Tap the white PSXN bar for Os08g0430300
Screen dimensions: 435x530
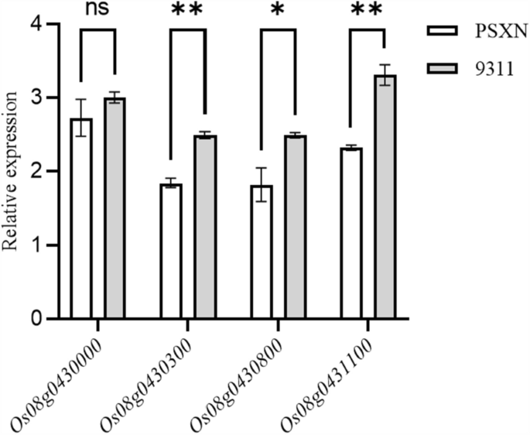click(170, 251)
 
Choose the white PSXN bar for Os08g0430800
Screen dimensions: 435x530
click(261, 252)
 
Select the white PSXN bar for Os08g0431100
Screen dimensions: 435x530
click(350, 233)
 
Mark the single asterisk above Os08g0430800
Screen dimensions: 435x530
click(278, 11)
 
